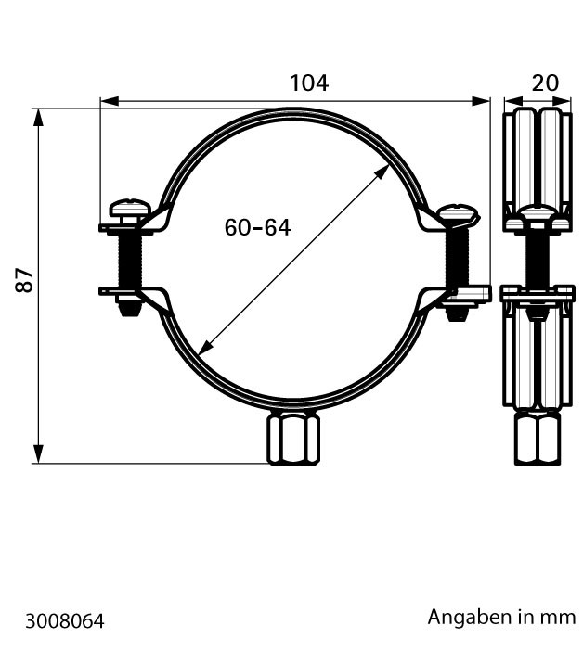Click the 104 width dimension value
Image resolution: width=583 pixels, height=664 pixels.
click(309, 83)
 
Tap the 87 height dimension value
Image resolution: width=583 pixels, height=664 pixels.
click(24, 280)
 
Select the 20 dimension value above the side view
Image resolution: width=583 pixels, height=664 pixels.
click(545, 83)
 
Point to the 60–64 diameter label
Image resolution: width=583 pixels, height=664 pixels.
click(257, 228)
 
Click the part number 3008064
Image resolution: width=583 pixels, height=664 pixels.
click(64, 621)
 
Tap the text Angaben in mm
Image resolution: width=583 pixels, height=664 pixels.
click(501, 617)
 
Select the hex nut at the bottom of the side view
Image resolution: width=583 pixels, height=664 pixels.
click(537, 439)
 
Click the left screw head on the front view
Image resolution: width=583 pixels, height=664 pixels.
click(130, 208)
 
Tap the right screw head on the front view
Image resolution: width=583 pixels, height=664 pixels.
click(459, 213)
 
